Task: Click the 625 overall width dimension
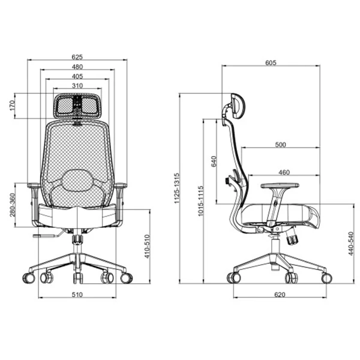point(77,57)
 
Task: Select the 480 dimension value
point(77,67)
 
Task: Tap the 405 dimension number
point(77,76)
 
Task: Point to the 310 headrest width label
point(77,86)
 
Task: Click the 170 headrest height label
point(12,106)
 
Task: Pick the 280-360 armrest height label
point(12,205)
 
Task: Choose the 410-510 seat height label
point(147,247)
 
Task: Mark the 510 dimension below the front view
point(77,295)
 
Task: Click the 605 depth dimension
point(271,62)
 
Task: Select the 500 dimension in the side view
point(281,145)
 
